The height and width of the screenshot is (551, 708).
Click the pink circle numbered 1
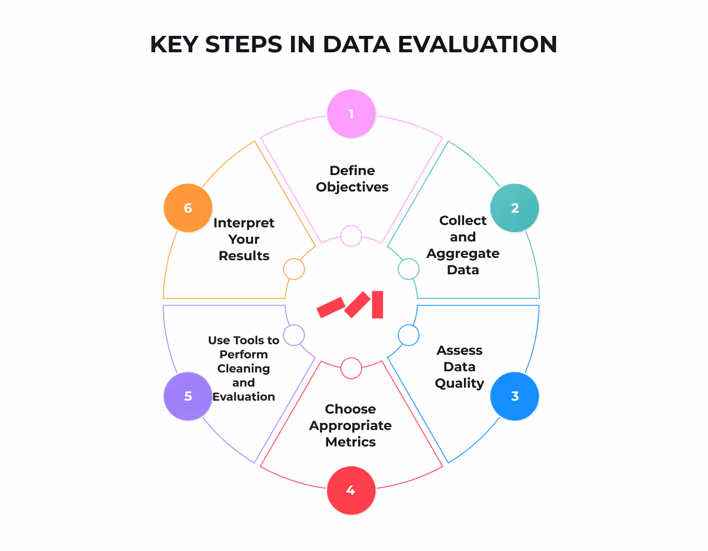(x=351, y=113)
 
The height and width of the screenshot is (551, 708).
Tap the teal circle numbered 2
(x=515, y=208)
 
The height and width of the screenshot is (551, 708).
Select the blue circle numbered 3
(x=515, y=396)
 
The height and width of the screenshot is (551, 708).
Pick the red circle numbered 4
(x=351, y=490)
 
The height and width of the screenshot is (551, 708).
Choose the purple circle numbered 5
(x=188, y=396)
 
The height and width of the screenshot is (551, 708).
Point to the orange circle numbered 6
(x=188, y=208)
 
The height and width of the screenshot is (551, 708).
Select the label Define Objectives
(x=352, y=179)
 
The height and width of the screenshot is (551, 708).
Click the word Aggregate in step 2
(x=463, y=253)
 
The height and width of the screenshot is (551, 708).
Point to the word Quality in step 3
(x=459, y=383)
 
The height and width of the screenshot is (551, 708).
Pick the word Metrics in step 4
(x=350, y=441)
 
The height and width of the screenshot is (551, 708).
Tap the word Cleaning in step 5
(x=243, y=368)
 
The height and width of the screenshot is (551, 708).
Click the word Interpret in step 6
(x=244, y=223)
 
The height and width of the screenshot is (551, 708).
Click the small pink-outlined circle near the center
(x=351, y=236)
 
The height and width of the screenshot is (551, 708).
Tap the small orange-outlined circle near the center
(x=294, y=269)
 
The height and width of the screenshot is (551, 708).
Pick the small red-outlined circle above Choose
(x=351, y=368)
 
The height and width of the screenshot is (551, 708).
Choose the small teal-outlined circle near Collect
(x=409, y=269)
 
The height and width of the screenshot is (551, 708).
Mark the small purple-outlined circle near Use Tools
(x=294, y=335)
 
